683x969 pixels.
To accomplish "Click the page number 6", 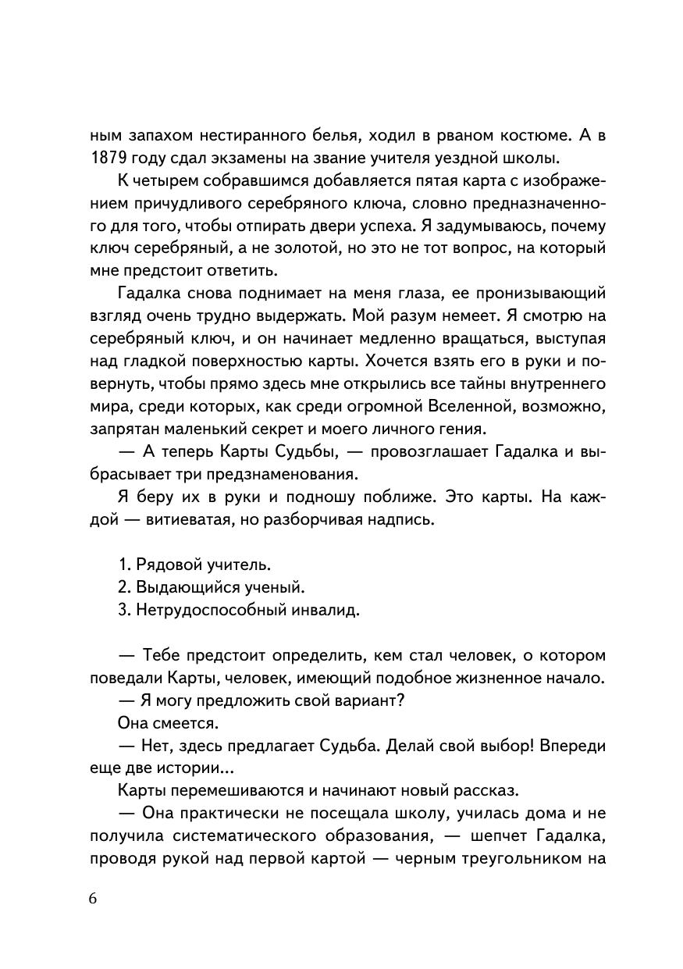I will (93, 898).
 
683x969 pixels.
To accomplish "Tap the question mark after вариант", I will (401, 700).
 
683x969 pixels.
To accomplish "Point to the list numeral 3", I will (123, 610).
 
